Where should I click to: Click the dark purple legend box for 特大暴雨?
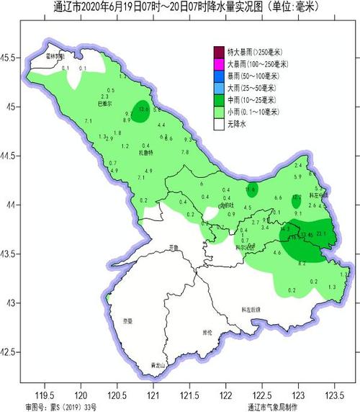[218, 50]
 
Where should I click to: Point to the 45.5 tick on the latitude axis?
[10, 57]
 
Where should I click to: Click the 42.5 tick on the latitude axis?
[10, 351]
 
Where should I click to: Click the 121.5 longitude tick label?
[189, 395]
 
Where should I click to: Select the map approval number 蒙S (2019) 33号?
[71, 407]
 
